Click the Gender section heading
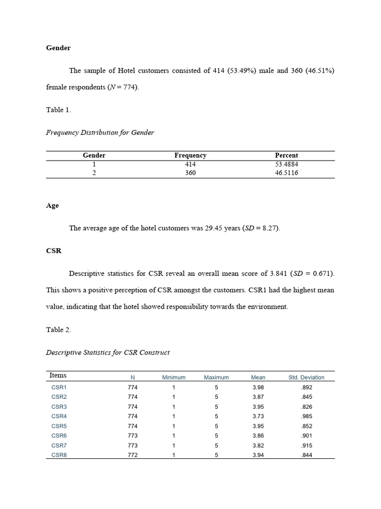click(x=58, y=48)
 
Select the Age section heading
click(x=52, y=205)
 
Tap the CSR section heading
click(x=54, y=251)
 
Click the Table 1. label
click(x=59, y=110)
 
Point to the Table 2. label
click(x=59, y=330)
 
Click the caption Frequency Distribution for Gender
click(x=100, y=132)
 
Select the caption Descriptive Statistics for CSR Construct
click(x=108, y=352)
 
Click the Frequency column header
click(x=190, y=156)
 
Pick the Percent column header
click(x=286, y=156)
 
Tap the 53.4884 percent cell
click(x=286, y=164)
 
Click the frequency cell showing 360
click(x=190, y=173)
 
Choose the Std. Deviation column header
click(x=306, y=377)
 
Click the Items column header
click(x=58, y=375)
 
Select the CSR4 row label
click(x=59, y=416)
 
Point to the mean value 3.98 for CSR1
click(x=258, y=387)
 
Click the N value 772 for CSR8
click(x=132, y=455)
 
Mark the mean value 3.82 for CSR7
click(x=258, y=445)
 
